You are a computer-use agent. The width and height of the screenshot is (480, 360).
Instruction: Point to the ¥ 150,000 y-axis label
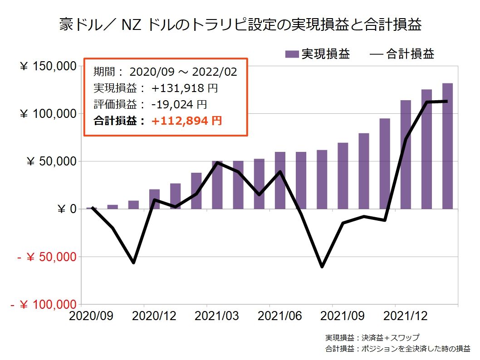click(48, 66)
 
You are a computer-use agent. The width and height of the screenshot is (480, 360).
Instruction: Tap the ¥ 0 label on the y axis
click(66, 209)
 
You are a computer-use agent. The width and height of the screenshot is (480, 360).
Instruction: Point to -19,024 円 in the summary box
click(179, 104)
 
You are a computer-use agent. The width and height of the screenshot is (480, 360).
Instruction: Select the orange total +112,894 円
click(187, 121)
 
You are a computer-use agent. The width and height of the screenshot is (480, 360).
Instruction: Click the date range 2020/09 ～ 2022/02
click(183, 72)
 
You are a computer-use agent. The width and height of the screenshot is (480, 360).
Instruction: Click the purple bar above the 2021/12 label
click(405, 154)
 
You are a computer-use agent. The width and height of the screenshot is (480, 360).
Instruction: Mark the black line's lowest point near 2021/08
click(322, 267)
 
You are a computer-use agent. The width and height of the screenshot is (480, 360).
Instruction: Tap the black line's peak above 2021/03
click(218, 162)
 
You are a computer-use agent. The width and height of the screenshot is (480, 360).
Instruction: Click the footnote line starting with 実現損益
click(372, 338)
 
